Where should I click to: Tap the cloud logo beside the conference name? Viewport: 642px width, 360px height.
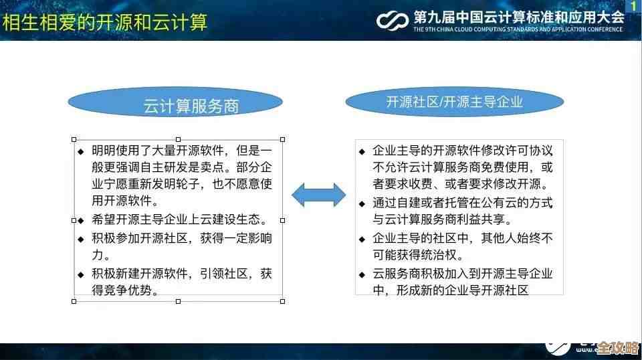pyautogui.click(x=393, y=19)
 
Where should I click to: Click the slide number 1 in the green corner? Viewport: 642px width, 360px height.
pyautogui.click(x=633, y=6)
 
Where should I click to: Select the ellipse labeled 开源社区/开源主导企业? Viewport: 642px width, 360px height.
pyautogui.click(x=454, y=102)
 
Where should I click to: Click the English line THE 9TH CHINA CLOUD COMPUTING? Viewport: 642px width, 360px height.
pyautogui.click(x=518, y=29)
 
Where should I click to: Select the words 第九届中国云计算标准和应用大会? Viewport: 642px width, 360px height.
pyautogui.click(x=518, y=17)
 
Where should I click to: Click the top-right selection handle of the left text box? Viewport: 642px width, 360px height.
pyautogui.click(x=282, y=139)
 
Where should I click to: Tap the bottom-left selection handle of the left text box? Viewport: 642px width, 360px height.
pyautogui.click(x=74, y=301)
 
